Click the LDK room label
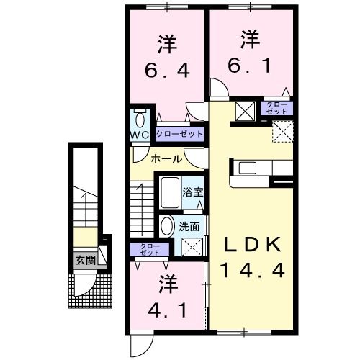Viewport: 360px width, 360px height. pyautogui.click(x=248, y=245)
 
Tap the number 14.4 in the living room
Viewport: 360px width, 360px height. pyautogui.click(x=248, y=271)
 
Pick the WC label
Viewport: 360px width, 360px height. pyautogui.click(x=140, y=135)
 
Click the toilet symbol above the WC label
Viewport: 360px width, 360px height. pyautogui.click(x=140, y=117)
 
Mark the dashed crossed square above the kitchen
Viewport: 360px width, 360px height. pyautogui.click(x=282, y=131)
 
